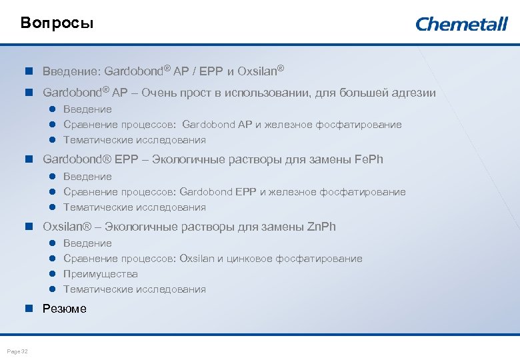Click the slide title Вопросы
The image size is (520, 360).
point(57,23)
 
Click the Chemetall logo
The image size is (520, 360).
point(461,24)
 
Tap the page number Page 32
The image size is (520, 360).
point(17,351)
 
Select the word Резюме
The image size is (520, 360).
point(65,309)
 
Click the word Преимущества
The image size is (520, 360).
point(101,274)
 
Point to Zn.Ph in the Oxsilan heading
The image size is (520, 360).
point(321,227)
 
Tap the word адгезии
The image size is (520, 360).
point(413,93)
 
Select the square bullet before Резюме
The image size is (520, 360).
point(29,309)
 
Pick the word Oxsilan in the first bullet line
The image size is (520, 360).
point(256,71)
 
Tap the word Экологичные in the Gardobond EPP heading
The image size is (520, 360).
point(187,159)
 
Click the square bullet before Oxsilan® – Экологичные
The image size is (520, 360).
point(29,227)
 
